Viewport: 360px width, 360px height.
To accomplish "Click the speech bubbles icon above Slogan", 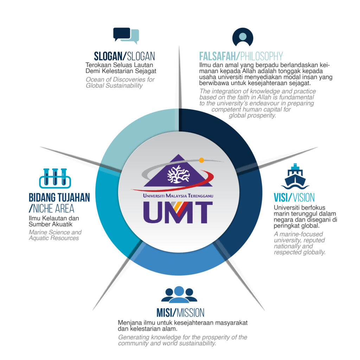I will point(126,36).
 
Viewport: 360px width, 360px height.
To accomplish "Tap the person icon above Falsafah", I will point(243,37).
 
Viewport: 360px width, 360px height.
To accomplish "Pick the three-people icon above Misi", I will point(179,295).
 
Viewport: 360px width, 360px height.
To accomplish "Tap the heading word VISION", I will point(302,197).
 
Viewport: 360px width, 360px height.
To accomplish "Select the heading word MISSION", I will point(191,313).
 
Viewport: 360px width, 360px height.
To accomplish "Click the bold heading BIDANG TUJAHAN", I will point(59,197).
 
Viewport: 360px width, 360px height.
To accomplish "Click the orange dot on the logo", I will point(201,160).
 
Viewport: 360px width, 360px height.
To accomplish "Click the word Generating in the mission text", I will point(133,337).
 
